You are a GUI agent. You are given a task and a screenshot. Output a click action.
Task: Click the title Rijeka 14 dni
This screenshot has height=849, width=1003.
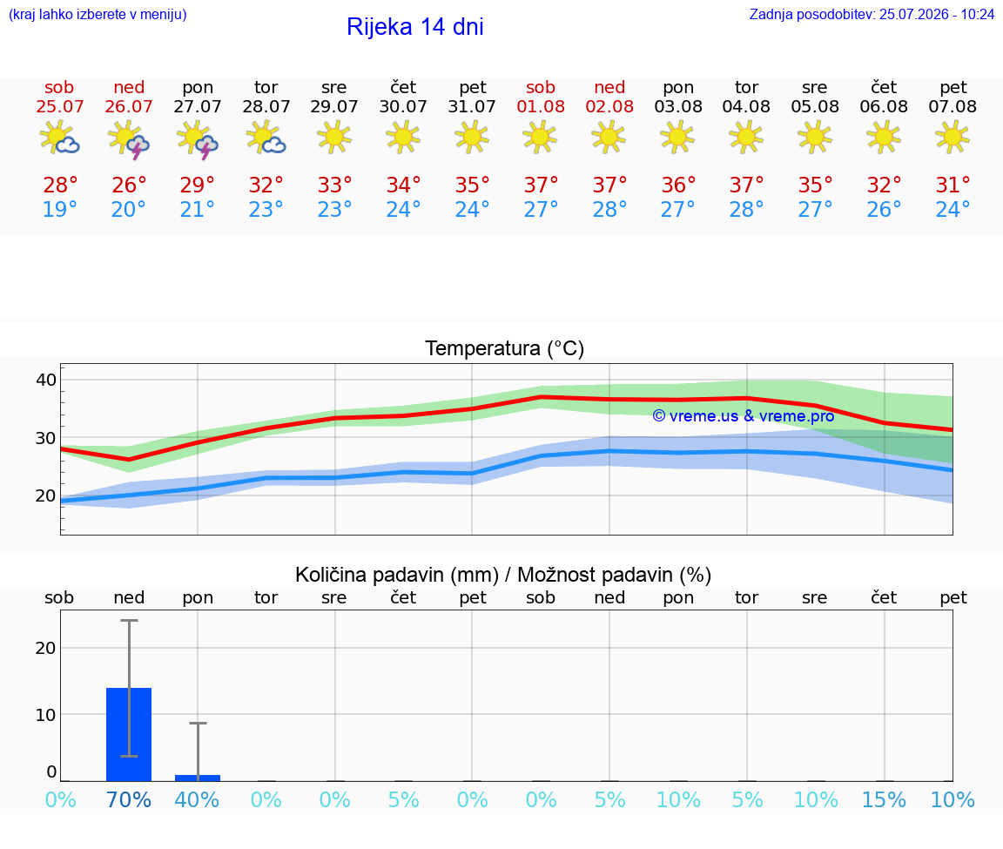415,27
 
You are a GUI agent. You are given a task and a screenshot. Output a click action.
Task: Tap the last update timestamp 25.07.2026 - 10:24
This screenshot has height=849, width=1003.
937,14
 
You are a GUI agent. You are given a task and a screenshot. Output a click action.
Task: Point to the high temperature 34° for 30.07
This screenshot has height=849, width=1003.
403,185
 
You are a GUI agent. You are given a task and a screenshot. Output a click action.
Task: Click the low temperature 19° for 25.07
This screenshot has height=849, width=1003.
59,209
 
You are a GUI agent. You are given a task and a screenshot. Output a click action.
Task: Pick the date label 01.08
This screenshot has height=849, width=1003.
541,107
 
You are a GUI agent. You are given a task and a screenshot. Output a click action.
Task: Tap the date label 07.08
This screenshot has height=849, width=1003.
953,107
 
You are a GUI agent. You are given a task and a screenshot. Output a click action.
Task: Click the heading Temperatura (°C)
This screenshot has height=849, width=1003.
505,348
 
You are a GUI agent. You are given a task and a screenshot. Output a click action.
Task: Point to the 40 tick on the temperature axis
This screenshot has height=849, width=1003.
46,380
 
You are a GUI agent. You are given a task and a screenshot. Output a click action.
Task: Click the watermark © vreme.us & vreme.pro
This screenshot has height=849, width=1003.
744,416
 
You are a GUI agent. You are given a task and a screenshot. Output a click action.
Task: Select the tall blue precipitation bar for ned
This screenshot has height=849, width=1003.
129,734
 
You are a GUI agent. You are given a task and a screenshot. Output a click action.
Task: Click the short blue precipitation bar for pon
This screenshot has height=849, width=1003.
198,778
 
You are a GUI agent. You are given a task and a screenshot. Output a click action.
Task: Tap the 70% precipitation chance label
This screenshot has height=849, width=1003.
129,799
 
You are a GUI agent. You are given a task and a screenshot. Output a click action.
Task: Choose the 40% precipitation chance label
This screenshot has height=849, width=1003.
197,799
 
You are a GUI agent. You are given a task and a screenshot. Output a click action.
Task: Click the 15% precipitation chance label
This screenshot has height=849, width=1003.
884,799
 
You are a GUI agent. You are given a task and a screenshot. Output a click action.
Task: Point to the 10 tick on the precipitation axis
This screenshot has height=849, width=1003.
46,715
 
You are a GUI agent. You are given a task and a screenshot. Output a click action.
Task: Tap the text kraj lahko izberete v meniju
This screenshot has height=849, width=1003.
98,14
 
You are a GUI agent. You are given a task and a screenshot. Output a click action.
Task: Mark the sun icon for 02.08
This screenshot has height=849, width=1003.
609,137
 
